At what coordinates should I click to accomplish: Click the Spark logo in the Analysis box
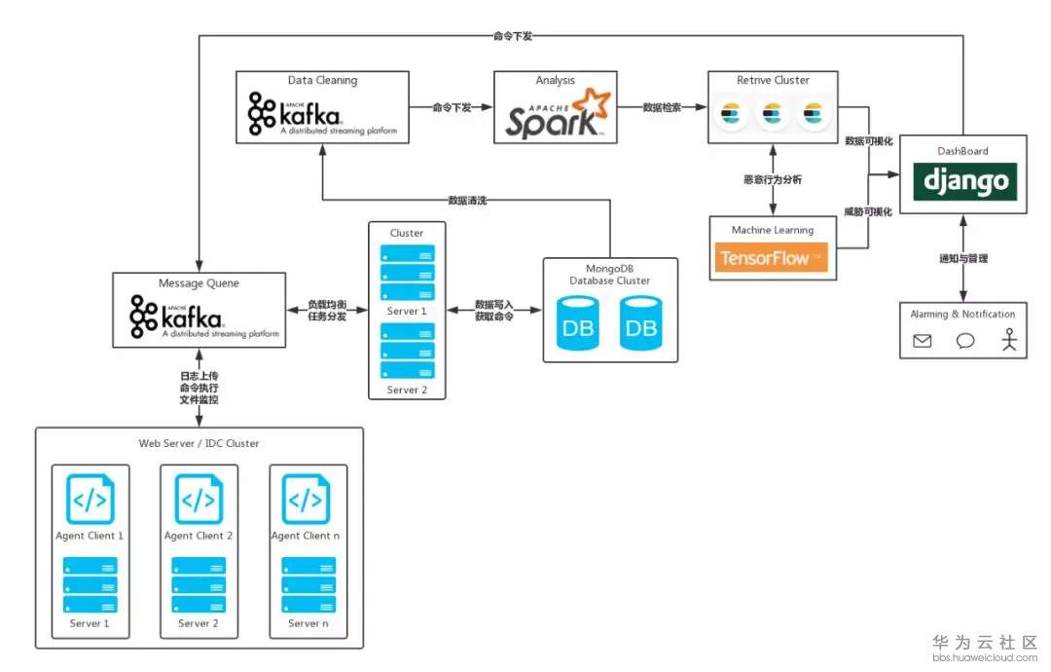click(556, 114)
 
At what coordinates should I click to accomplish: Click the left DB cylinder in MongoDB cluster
click(577, 323)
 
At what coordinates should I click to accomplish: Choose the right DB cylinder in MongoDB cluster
click(640, 323)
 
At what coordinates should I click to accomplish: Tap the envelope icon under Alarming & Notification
click(922, 340)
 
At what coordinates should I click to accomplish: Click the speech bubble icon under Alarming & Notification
click(965, 340)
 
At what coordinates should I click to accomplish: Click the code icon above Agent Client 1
click(90, 500)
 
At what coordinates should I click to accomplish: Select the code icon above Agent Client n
click(306, 500)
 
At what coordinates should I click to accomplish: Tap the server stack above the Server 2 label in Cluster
click(407, 350)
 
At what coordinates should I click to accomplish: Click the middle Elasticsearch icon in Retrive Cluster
click(773, 115)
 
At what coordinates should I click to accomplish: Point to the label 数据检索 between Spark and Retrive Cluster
click(663, 107)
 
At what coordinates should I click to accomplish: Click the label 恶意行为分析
click(772, 180)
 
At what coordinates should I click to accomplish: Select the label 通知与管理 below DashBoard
click(963, 259)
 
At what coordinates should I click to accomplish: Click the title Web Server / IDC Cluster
click(199, 443)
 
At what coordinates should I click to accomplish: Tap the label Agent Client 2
click(199, 536)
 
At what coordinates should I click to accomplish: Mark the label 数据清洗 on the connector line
click(466, 200)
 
